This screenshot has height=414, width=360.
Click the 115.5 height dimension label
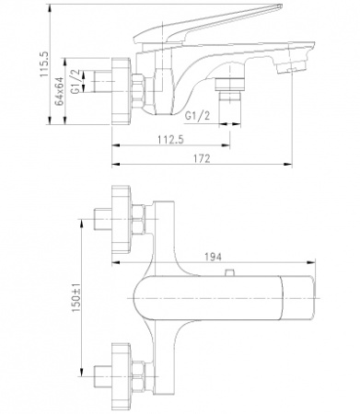(x=44, y=63)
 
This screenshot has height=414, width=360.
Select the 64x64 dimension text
(x=59, y=91)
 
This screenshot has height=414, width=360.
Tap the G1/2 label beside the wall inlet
(x=75, y=81)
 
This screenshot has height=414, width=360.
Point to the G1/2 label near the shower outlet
(x=198, y=116)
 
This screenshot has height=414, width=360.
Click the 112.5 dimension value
(x=170, y=140)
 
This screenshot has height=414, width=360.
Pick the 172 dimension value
(x=202, y=159)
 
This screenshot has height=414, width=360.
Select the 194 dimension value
(x=213, y=257)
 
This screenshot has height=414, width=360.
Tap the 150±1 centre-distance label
(x=75, y=297)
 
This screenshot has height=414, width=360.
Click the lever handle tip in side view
(x=280, y=6)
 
